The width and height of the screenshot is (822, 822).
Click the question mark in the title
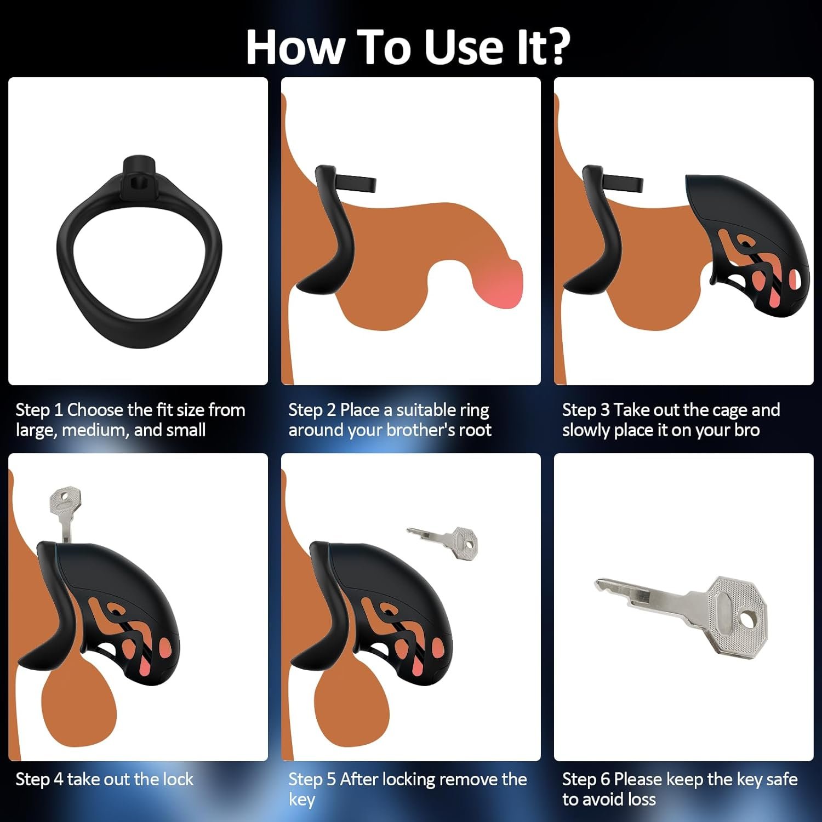pos(554,47)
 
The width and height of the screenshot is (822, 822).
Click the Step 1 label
pos(39,410)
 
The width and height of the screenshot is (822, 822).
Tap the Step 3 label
pos(586,410)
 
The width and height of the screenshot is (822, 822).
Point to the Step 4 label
pos(39,779)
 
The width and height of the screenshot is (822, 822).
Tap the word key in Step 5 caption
pos(302,800)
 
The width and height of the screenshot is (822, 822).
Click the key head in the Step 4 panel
pos(65,499)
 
